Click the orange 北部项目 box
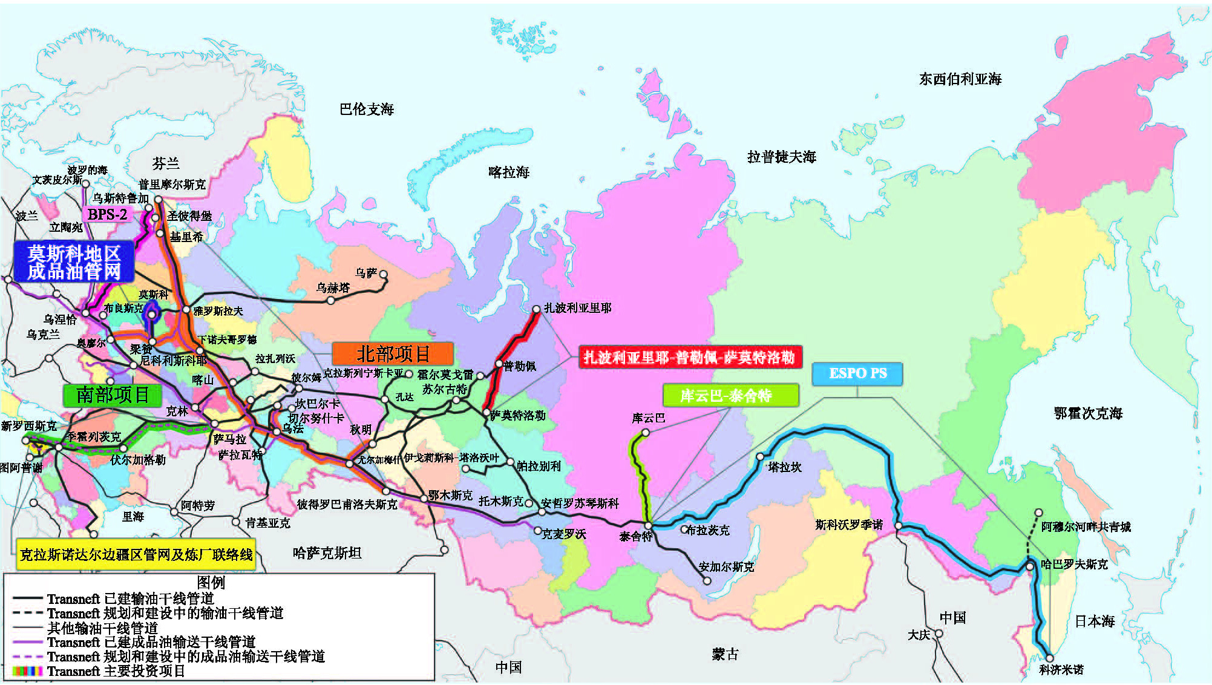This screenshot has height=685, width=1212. pos(393,353)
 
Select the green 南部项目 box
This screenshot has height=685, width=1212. pos(113,395)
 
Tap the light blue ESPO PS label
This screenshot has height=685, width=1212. pos(857,373)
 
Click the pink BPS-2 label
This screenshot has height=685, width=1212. pos(107,214)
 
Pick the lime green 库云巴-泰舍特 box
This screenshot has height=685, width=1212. pos(730,396)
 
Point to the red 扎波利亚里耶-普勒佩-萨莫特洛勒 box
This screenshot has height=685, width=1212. pos(690,357)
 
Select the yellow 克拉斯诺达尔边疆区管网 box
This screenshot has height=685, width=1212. pos(136,554)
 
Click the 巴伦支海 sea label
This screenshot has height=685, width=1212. pos(367,110)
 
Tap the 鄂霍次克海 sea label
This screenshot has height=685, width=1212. pos(1088,413)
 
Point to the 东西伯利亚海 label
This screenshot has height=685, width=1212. pos(960,79)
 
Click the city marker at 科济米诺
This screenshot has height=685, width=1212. pos(1049,658)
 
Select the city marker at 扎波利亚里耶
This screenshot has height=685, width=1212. pos(536,309)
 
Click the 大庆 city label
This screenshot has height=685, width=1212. pos(919,635)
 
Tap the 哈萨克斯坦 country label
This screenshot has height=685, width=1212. pos(327,553)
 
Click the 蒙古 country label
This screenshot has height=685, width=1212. pos(725,654)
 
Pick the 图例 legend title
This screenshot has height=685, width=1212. pos(211,582)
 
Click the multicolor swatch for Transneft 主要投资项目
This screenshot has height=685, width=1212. pos(27,671)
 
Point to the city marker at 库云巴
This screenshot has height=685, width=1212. pos(646,433)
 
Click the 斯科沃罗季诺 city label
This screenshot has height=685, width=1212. pos(848,525)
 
